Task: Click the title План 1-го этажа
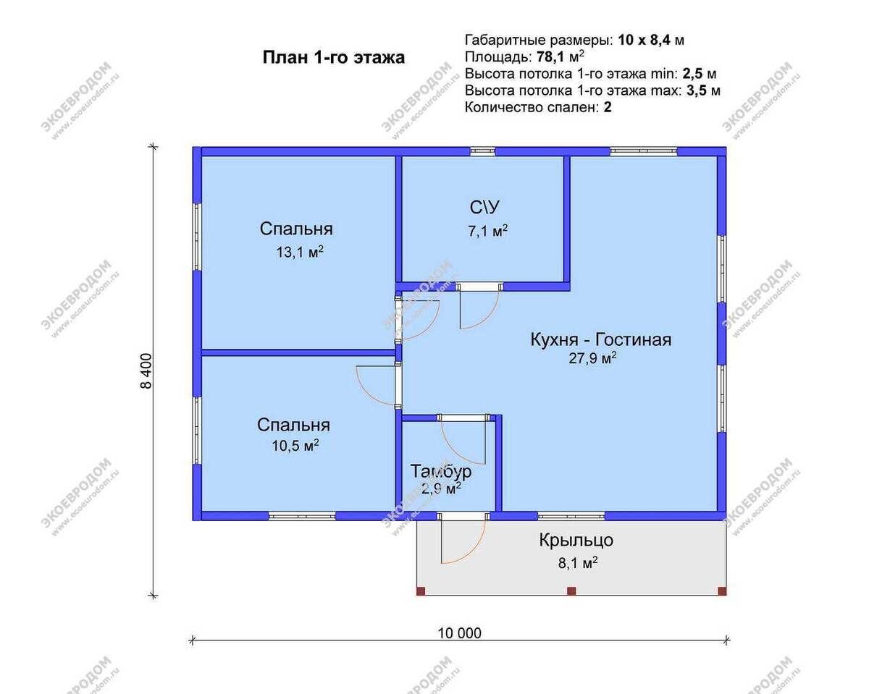pyautogui.click(x=333, y=58)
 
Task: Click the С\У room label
pyautogui.click(x=484, y=208)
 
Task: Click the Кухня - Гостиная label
pyautogui.click(x=601, y=339)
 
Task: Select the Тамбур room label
pyautogui.click(x=441, y=472)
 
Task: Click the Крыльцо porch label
pyautogui.click(x=576, y=540)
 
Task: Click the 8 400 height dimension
pyautogui.click(x=146, y=371)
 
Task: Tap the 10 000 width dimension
pyautogui.click(x=459, y=633)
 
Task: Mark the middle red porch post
pyautogui.click(x=571, y=591)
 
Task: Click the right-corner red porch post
pyautogui.click(x=722, y=591)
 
